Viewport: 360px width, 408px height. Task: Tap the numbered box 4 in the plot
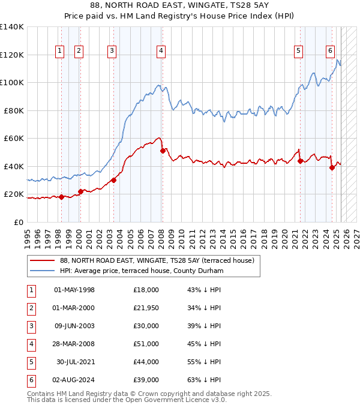pyautogui.click(x=161, y=52)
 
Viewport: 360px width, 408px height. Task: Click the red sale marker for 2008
pyautogui.click(x=163, y=151)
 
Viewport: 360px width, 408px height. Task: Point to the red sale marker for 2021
pyautogui.click(x=300, y=161)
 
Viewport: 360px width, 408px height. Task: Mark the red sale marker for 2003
pyautogui.click(x=113, y=180)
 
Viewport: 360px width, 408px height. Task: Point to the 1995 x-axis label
pyautogui.click(x=28, y=233)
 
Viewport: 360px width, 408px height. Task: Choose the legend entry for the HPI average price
pyautogui.click(x=142, y=271)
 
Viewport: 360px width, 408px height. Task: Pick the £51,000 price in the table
pyautogui.click(x=146, y=344)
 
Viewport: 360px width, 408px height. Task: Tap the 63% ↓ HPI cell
pyautogui.click(x=204, y=380)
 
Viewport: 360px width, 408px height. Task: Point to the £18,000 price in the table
pyautogui.click(x=146, y=290)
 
